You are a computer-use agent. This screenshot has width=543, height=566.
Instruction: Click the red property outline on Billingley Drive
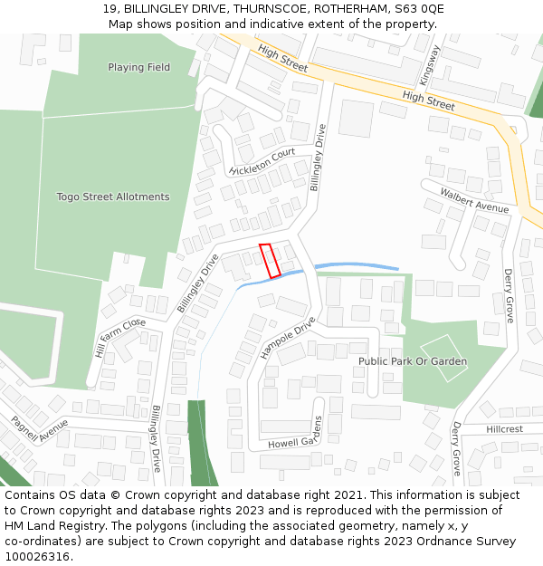click(270, 261)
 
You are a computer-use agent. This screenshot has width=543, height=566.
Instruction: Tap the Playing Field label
click(138, 68)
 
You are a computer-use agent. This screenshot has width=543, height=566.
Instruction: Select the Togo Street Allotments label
click(113, 197)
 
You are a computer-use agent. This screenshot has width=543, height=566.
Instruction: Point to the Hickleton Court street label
click(262, 161)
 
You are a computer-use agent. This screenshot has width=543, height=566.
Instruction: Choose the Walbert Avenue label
click(474, 200)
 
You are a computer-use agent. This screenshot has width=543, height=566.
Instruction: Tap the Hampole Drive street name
click(288, 337)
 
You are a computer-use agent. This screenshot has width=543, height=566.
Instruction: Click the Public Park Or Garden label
click(413, 361)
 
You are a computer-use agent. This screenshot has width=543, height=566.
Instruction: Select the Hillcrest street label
click(504, 429)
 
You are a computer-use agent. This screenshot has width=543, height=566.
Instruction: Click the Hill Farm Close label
click(119, 336)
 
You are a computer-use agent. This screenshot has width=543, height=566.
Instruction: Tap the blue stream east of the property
click(357, 265)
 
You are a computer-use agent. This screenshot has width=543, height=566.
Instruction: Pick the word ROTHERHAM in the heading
click(347, 9)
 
